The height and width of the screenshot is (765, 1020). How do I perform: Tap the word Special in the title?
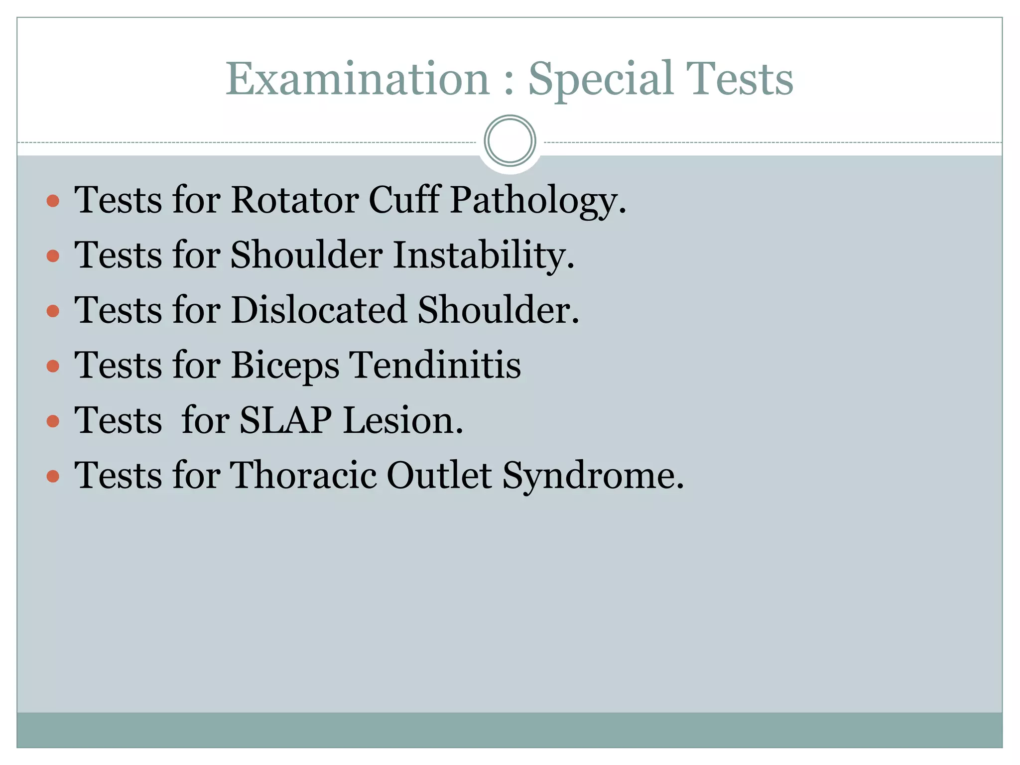(601, 80)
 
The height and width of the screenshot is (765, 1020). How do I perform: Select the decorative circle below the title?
(510, 141)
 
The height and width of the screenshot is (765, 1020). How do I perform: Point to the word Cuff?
(404, 200)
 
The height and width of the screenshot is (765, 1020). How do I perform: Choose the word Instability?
(484, 256)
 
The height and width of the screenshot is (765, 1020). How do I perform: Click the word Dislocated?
(319, 310)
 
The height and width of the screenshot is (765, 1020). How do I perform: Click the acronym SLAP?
(285, 421)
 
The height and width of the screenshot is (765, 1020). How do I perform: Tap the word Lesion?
(403, 421)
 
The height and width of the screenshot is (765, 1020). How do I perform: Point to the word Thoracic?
(303, 476)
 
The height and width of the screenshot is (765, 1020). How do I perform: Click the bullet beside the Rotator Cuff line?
(53, 201)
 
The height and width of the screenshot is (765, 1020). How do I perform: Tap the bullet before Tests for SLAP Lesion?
(53, 421)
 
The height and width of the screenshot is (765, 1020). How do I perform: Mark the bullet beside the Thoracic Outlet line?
(53, 477)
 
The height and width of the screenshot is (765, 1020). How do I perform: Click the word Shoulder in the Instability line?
(306, 255)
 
